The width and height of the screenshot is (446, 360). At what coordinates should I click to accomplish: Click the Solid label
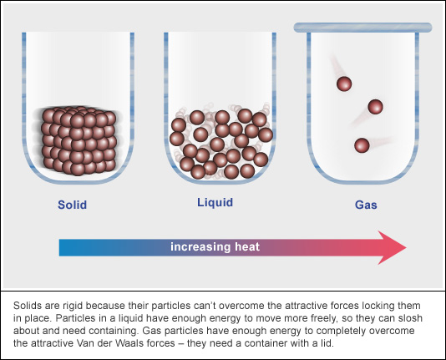(x=73, y=205)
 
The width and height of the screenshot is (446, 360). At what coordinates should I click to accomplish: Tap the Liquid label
(x=215, y=202)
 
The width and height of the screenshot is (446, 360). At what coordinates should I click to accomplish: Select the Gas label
(x=366, y=205)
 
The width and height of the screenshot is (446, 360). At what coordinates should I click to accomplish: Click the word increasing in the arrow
(x=200, y=247)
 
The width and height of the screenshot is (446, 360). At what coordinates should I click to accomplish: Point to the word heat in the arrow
(x=247, y=247)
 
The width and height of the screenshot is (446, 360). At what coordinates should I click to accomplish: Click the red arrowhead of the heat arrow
(x=392, y=247)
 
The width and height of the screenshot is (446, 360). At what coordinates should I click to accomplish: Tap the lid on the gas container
(x=362, y=28)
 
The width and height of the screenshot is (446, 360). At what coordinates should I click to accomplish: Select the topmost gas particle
(x=344, y=84)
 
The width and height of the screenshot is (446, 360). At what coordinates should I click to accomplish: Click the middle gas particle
(x=376, y=107)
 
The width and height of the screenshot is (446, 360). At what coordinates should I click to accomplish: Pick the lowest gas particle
(x=362, y=145)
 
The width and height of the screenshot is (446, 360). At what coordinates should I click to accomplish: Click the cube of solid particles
(x=79, y=141)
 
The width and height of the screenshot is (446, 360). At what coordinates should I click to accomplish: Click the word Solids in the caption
(x=27, y=306)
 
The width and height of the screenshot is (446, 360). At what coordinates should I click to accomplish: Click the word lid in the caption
(x=327, y=343)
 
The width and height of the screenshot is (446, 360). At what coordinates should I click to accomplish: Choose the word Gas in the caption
(x=152, y=331)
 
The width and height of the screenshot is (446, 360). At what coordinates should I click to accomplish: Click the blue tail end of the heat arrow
(x=59, y=248)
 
